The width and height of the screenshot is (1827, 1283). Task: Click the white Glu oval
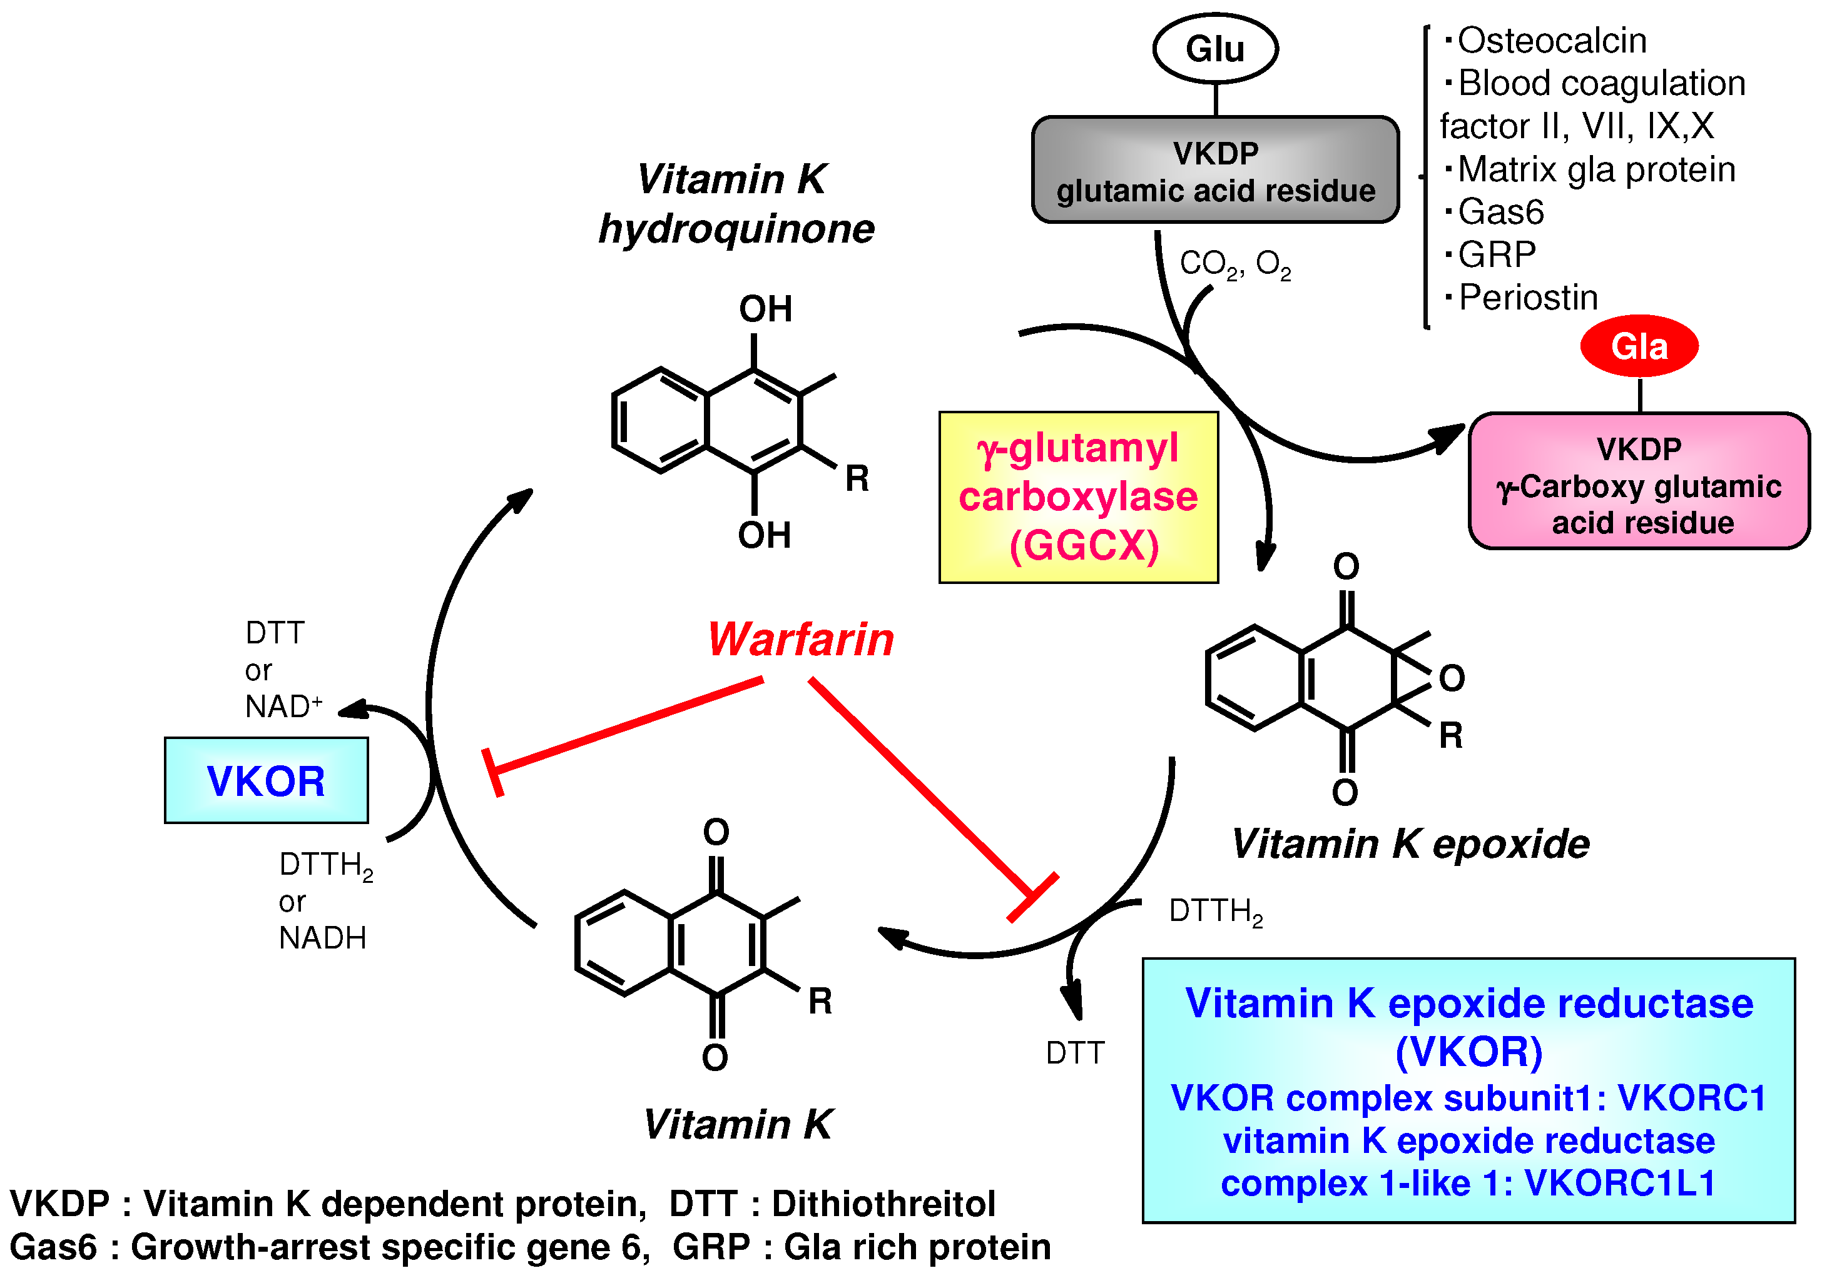1214,49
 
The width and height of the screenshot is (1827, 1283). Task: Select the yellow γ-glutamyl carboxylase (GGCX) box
1078,497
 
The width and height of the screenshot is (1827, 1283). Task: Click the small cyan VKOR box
266,780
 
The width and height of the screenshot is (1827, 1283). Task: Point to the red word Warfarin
800,640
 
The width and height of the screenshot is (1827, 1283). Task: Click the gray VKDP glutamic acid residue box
1215,170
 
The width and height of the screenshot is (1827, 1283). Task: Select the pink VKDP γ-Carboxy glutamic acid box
1639,482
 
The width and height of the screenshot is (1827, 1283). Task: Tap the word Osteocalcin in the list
1552,41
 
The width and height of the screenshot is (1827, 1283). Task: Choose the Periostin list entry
1528,298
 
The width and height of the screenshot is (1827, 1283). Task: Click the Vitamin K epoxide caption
1410,844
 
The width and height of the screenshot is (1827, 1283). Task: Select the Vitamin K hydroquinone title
735,204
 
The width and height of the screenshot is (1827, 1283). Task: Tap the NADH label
322,938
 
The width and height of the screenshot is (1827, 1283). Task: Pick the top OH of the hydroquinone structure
765,309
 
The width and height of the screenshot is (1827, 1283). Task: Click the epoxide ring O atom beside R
1452,678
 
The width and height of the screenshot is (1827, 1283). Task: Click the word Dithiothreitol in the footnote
883,1204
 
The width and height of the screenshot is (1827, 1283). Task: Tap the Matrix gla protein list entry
1596,169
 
